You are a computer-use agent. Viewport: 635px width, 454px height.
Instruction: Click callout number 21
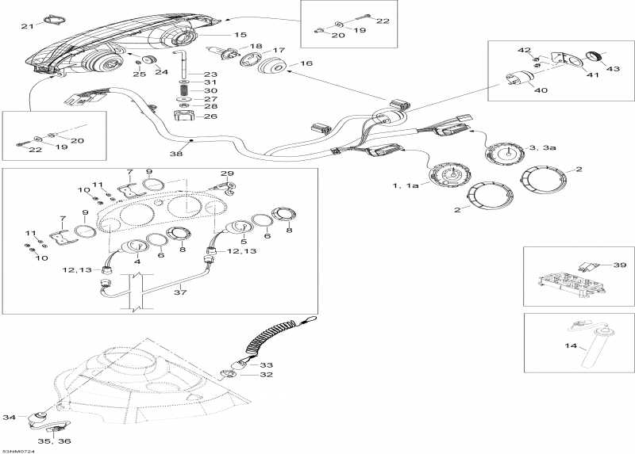coord(26,26)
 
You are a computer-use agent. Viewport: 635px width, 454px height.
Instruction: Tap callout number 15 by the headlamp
coord(240,35)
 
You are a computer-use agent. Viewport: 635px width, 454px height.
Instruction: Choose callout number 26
coord(210,116)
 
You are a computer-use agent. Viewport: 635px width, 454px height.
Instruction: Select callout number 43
coord(614,68)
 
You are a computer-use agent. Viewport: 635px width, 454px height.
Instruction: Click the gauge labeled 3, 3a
coord(502,153)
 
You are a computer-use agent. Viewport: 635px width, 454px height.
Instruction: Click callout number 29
coord(227,174)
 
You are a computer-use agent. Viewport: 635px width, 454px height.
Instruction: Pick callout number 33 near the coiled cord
coord(266,364)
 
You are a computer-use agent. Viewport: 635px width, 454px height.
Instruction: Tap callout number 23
coord(210,74)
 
